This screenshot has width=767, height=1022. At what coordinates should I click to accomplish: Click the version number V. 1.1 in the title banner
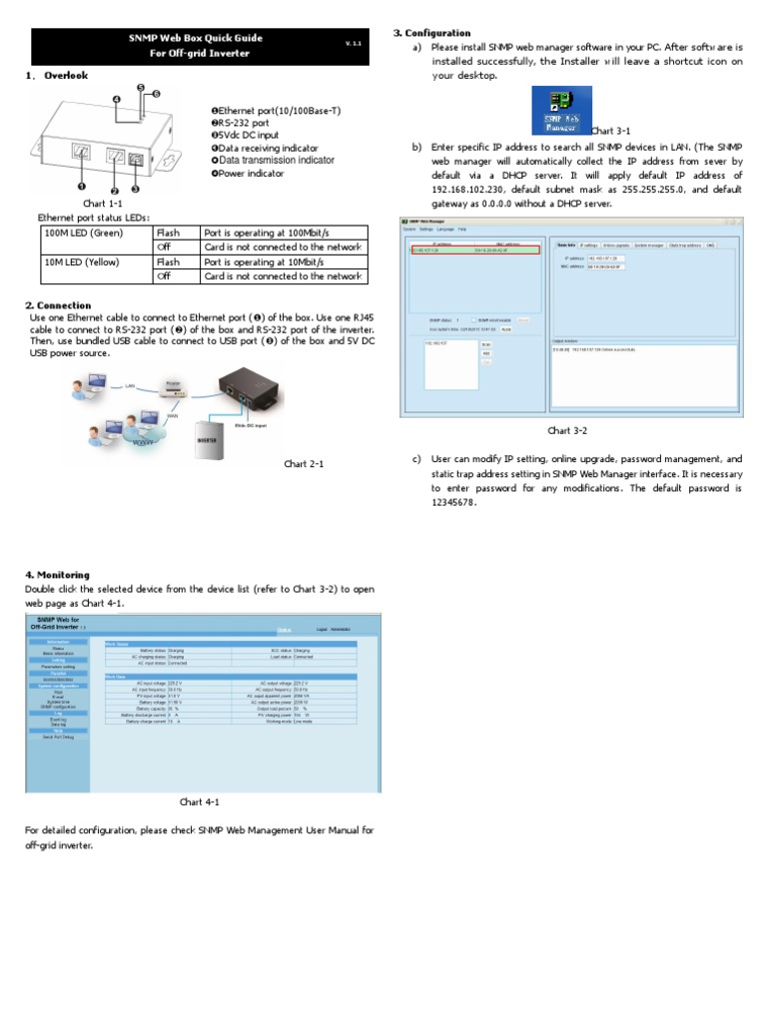[353, 44]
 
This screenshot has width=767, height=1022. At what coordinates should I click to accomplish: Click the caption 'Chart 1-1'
[102, 204]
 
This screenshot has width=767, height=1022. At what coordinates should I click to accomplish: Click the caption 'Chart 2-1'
[304, 464]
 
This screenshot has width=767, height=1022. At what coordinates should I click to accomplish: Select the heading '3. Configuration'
[431, 33]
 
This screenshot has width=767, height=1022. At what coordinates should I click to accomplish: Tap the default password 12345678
[454, 503]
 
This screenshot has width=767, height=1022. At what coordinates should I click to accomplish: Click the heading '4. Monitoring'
[57, 575]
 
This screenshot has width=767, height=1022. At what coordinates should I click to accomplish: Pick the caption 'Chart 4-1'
[199, 801]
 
